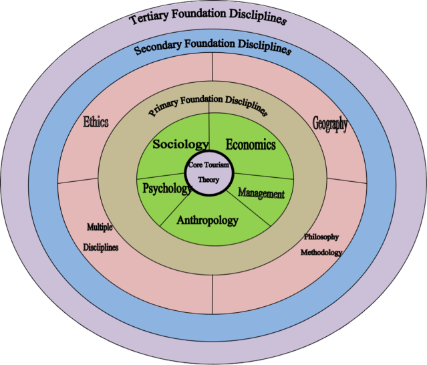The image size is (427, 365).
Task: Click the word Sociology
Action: coord(180,144)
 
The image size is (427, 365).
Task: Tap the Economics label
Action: coord(251,144)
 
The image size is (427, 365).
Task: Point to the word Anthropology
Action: coord(207,219)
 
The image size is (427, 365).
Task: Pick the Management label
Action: coord(261,195)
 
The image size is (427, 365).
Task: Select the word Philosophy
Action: coord(321,237)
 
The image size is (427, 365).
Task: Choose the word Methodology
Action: coord(321,252)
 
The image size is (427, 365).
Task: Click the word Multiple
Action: coord(100,227)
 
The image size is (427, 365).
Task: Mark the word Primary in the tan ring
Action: coord(164,108)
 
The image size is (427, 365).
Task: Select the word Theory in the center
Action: coord(208,180)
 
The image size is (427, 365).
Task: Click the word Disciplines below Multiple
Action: coord(101,247)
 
